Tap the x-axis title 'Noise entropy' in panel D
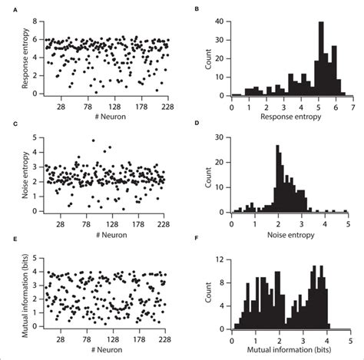coord(289,229)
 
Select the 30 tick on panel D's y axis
coord(223,136)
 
